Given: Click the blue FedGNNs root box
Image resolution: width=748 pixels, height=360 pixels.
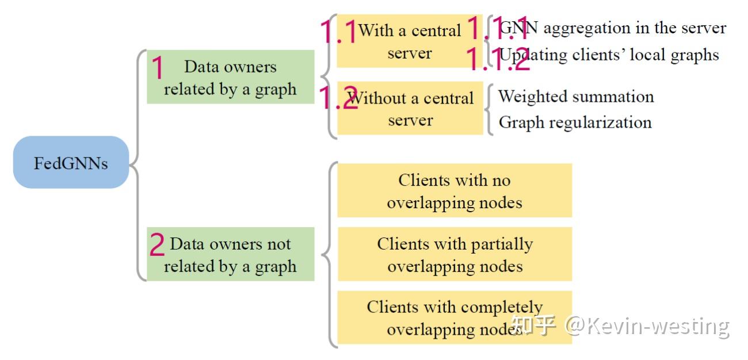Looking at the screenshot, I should [x=71, y=163].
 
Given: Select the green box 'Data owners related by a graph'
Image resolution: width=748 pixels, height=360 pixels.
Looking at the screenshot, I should [x=231, y=78].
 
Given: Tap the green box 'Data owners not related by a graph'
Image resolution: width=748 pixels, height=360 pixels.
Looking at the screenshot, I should [x=231, y=255].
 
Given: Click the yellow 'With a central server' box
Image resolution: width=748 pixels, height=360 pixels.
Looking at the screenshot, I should [x=410, y=41].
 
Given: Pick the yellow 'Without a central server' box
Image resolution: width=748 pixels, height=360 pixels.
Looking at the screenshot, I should [x=410, y=109].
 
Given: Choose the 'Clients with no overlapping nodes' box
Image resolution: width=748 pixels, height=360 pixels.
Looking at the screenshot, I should [x=455, y=191].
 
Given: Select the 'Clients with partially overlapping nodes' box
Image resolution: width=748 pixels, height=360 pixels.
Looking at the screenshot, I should [x=455, y=255].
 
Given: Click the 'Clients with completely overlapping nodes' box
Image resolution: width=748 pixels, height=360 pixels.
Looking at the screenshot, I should [x=455, y=317].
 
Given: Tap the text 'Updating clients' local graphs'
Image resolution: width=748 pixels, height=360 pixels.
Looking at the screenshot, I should [x=609, y=55].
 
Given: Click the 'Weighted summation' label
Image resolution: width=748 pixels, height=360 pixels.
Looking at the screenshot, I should [x=576, y=96].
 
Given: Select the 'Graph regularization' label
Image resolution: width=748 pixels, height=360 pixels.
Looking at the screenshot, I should [x=575, y=122].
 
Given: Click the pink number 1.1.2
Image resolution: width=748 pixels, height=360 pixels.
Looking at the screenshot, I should [x=497, y=59].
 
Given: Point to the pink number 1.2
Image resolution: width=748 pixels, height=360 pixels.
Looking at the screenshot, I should [x=338, y=98].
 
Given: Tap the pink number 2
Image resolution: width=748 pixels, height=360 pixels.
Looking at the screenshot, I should [x=157, y=245].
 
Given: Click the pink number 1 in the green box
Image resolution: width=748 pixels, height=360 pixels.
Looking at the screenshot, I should [x=157, y=68].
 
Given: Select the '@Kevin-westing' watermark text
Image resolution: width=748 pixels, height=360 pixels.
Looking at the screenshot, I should [x=647, y=326].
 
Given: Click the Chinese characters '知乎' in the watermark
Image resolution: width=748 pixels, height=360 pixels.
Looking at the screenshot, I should [x=533, y=325].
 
